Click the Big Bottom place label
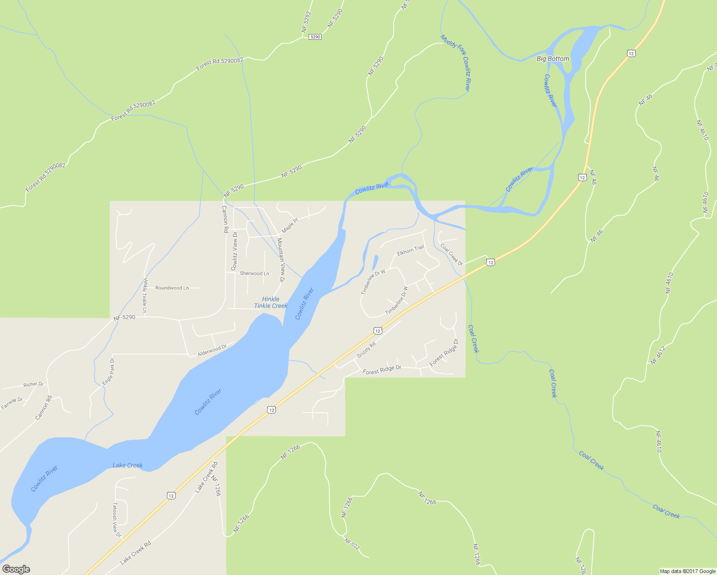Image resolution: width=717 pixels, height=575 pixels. pyautogui.click(x=553, y=58)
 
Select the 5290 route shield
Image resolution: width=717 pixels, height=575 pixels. pyautogui.click(x=315, y=36)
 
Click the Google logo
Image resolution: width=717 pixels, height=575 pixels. pyautogui.click(x=16, y=569)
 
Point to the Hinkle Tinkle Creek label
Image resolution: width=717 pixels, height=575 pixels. pyautogui.click(x=271, y=302)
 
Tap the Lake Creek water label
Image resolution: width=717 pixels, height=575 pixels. pyautogui.click(x=127, y=465)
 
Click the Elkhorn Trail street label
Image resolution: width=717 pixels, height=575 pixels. pyautogui.click(x=411, y=250)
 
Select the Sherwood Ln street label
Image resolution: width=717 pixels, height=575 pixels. pyautogui.click(x=254, y=273)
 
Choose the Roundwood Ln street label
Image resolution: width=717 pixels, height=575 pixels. pyautogui.click(x=172, y=287)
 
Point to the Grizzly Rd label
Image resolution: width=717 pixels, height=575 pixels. pyautogui.click(x=366, y=350)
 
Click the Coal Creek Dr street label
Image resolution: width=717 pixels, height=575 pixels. pyautogui.click(x=451, y=255)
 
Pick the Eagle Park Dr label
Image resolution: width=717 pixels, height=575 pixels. pyautogui.click(x=108, y=372)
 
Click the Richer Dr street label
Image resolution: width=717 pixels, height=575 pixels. pyautogui.click(x=34, y=384)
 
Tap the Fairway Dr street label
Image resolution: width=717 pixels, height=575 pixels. pyautogui.click(x=12, y=403)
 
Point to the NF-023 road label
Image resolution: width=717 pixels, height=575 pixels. pyautogui.click(x=352, y=544)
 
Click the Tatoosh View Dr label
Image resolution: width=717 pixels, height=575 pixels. pyautogui.click(x=116, y=520)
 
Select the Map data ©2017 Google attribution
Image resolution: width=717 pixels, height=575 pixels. pyautogui.click(x=687, y=571)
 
